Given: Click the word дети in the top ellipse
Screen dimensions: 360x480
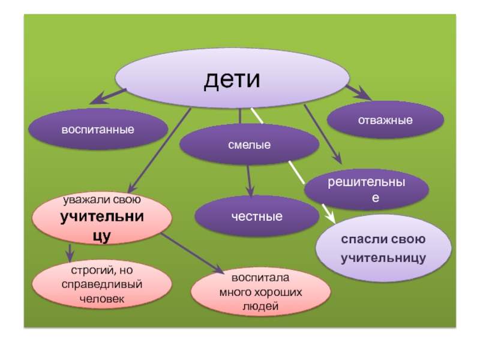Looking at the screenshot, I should pyautogui.click(x=232, y=80).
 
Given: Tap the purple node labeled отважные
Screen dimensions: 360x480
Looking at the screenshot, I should pyautogui.click(x=385, y=120).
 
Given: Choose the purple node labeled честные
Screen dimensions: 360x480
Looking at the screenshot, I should pyautogui.click(x=257, y=216).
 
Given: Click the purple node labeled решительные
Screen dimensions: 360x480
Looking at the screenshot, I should pyautogui.click(x=367, y=190).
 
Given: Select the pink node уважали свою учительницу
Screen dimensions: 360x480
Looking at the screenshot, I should pyautogui.click(x=102, y=217).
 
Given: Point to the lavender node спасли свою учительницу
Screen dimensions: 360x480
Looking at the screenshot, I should pyautogui.click(x=383, y=248).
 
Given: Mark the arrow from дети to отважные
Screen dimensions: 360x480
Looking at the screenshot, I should pyautogui.click(x=359, y=92).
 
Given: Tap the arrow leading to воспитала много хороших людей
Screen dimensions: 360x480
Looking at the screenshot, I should pyautogui.click(x=192, y=252).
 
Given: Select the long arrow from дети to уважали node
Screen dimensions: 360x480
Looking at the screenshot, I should pyautogui.click(x=159, y=150).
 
